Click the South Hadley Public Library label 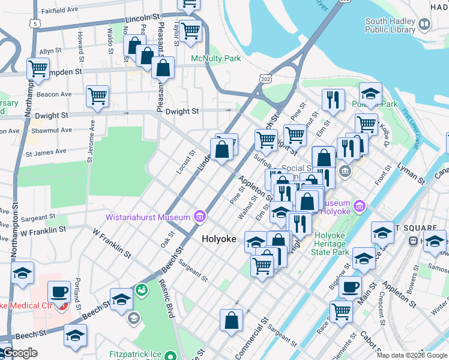click(390, 25)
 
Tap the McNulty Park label click(215, 59)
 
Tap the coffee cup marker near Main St click(350, 287)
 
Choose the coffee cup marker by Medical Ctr click(59, 292)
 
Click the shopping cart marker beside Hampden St click(38, 68)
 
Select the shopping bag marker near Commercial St click(231, 320)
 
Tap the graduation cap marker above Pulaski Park click(370, 94)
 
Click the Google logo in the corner click(20, 353)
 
